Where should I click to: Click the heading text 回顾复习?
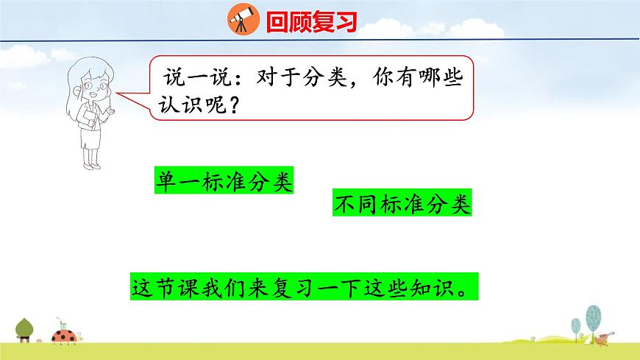[311, 22]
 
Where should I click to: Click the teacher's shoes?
[91, 163]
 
